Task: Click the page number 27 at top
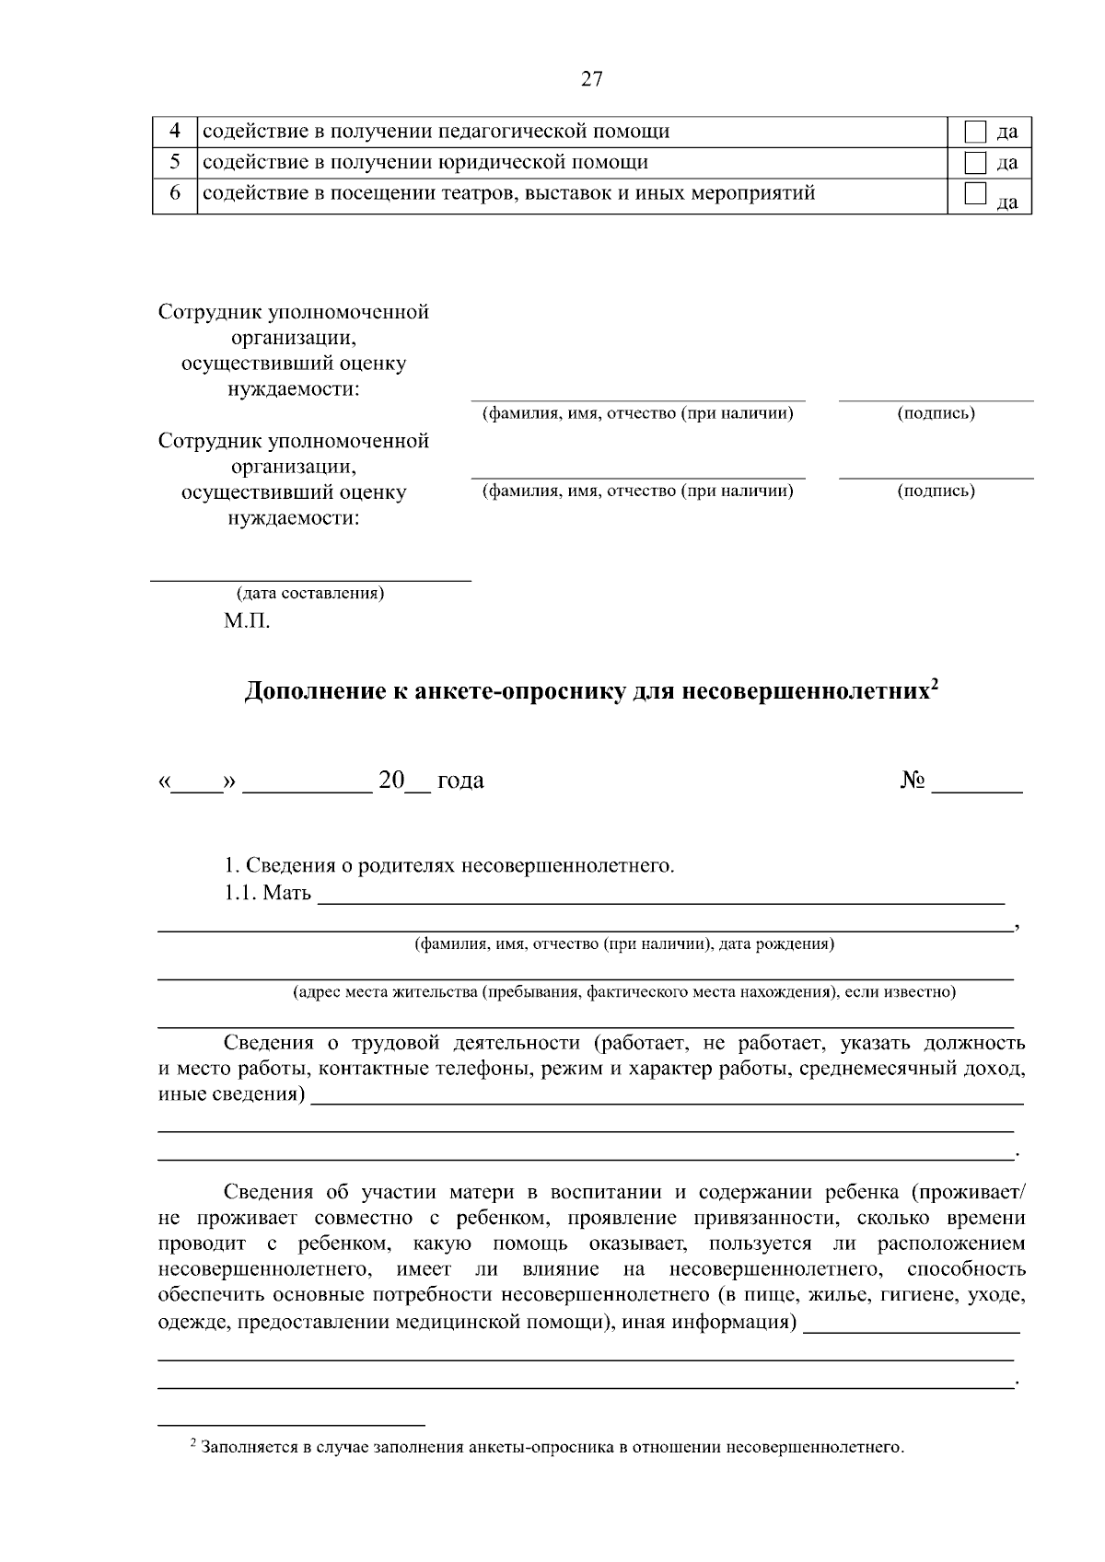tap(591, 79)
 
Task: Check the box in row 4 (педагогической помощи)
tap(975, 132)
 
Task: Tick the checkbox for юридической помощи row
tap(975, 163)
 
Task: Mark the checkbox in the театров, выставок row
tap(975, 193)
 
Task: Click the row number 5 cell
tap(175, 163)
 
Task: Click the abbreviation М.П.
tap(247, 621)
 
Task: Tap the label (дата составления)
tap(310, 594)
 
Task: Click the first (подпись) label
tap(936, 414)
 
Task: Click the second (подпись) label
tap(936, 492)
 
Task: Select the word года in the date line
tap(459, 781)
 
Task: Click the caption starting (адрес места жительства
tap(623, 992)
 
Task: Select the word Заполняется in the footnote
tap(245, 1448)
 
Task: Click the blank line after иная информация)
tap(911, 1328)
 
